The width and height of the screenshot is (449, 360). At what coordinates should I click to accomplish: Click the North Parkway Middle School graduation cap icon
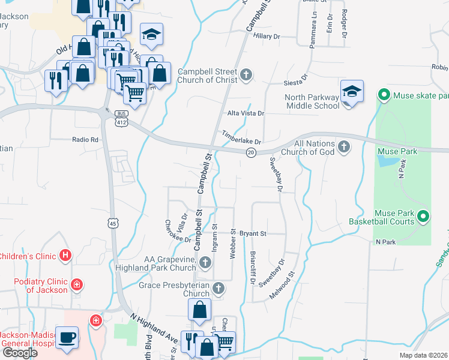[351, 92]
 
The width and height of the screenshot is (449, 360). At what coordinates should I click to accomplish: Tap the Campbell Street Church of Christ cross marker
[246, 76]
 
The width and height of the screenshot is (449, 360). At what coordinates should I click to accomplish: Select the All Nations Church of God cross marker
[344, 147]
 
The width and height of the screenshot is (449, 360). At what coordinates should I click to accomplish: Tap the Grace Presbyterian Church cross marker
[218, 289]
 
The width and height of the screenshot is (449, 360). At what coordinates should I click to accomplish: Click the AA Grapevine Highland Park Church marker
[205, 262]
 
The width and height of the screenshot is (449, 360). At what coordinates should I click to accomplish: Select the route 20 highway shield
[251, 154]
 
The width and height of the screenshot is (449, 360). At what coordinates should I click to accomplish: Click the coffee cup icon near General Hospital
[67, 337]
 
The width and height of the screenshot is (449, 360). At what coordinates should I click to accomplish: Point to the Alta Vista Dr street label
[246, 113]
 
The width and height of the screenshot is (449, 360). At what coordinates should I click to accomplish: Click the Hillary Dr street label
[267, 37]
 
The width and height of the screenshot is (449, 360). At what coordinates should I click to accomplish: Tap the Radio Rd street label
[85, 139]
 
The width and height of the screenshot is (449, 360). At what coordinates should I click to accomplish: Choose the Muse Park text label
[397, 151]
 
